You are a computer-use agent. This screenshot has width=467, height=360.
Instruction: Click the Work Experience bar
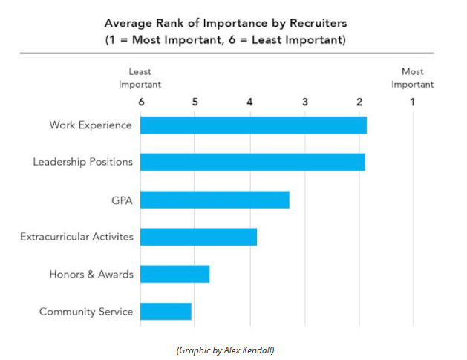[252, 125]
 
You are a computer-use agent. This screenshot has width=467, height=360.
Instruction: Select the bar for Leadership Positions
[252, 162]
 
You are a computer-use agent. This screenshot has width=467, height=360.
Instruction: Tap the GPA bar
[214, 200]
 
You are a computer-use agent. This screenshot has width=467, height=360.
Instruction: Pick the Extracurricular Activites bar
[197, 237]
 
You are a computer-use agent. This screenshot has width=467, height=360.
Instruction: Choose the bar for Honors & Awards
[174, 274]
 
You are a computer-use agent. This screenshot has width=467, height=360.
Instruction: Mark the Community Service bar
[166, 311]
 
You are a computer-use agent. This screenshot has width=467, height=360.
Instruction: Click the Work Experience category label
[91, 125]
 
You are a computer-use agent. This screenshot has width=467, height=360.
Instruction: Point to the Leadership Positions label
[83, 162]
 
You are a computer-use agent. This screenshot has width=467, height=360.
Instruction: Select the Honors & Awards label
[91, 274]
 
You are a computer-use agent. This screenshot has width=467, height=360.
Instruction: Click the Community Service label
[86, 311]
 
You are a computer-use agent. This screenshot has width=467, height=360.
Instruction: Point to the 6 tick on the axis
[140, 102]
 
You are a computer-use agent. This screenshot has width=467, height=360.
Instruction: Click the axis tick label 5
[195, 102]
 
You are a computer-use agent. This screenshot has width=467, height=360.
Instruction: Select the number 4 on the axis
[249, 102]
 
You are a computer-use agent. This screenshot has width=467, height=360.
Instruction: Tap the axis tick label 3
[304, 102]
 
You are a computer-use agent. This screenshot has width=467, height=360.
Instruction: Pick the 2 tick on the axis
[359, 102]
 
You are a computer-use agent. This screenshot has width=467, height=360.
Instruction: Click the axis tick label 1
[413, 102]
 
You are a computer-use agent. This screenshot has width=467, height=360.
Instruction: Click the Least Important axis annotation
[140, 78]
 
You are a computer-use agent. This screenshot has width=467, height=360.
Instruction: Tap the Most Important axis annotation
[413, 78]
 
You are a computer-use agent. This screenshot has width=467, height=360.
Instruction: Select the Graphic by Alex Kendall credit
[225, 350]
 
